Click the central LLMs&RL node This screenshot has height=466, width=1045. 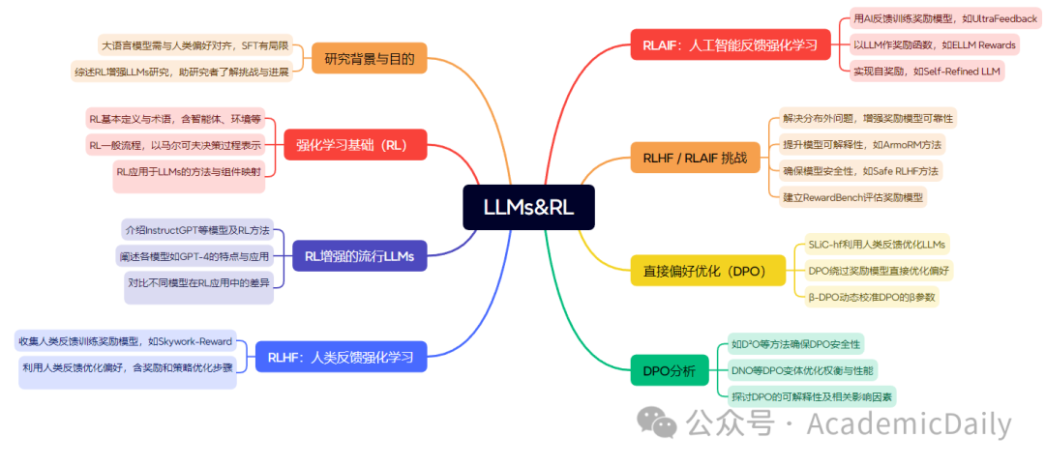coord(526,208)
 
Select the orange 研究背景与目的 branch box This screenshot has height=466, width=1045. coord(369,59)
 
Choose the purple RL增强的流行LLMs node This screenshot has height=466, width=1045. coord(359,256)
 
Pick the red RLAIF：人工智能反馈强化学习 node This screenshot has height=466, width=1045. coord(731,44)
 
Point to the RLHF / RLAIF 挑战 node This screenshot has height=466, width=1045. coord(695,158)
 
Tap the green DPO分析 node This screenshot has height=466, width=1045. coord(670,370)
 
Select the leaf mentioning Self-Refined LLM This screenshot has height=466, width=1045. coord(927,71)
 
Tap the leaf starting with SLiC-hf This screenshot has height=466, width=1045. coord(877,244)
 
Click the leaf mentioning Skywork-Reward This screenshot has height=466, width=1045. coord(125,341)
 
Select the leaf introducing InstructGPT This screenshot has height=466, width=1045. coord(196,231)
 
